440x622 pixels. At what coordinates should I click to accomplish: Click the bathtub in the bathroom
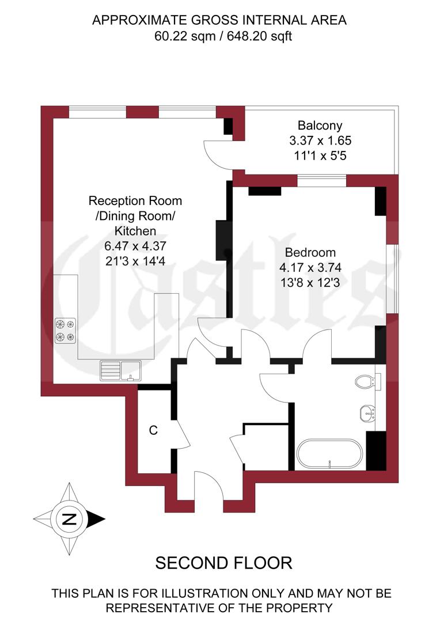pos(329,453)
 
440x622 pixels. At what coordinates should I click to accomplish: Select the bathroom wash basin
pos(367,412)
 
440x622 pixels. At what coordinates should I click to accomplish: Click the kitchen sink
pos(120,369)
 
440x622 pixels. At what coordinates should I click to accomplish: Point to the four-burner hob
pos(65,330)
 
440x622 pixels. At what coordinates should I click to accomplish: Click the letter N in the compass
pos(69,519)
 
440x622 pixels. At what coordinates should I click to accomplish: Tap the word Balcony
pos(320,125)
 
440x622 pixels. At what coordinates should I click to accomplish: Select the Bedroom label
pos(310,252)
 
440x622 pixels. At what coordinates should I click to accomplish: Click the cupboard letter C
pos(153,430)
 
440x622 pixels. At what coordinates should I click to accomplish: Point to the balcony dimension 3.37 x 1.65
pos(320,140)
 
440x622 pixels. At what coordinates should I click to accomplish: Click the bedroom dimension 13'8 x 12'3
pos(310,282)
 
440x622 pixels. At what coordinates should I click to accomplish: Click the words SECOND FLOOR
pos(223,563)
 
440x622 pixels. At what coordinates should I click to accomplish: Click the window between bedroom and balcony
pos(321,181)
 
